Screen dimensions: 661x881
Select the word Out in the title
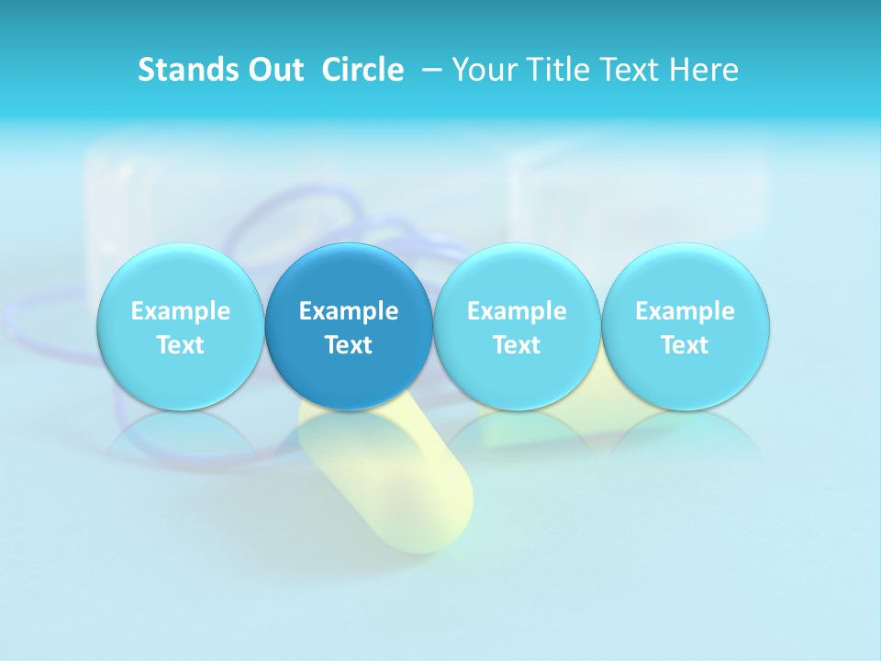click(x=273, y=70)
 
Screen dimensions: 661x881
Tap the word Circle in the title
click(x=362, y=70)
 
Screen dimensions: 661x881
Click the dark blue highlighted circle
click(x=349, y=326)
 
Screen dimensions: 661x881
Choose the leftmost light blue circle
click(x=181, y=326)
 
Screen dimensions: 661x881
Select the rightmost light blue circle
click(x=685, y=326)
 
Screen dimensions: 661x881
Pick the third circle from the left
click(x=517, y=326)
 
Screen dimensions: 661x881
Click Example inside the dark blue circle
click(x=349, y=311)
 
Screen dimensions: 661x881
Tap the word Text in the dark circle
click(x=349, y=345)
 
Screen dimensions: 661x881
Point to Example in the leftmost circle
click(x=181, y=311)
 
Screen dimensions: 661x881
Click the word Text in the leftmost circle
click(x=181, y=345)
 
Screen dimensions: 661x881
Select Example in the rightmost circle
click(x=685, y=311)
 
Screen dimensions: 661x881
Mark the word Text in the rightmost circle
click(x=685, y=345)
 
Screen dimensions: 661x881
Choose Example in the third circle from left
click(x=517, y=311)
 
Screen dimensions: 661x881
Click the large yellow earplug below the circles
click(x=404, y=487)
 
